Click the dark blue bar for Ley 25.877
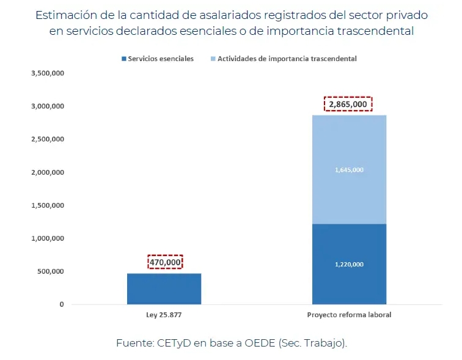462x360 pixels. tap(164, 288)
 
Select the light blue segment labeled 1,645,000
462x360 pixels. tap(349, 169)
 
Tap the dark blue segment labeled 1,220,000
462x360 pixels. tap(349, 264)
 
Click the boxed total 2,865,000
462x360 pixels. tap(348, 105)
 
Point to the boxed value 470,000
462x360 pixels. tap(165, 262)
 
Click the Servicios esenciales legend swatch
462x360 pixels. tap(125, 59)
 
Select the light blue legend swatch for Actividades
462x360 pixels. tap(213, 59)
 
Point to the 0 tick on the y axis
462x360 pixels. tap(62, 304)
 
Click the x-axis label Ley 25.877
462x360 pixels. tap(164, 315)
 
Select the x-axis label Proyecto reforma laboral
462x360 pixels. tap(349, 315)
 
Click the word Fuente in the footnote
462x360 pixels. tap(133, 343)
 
